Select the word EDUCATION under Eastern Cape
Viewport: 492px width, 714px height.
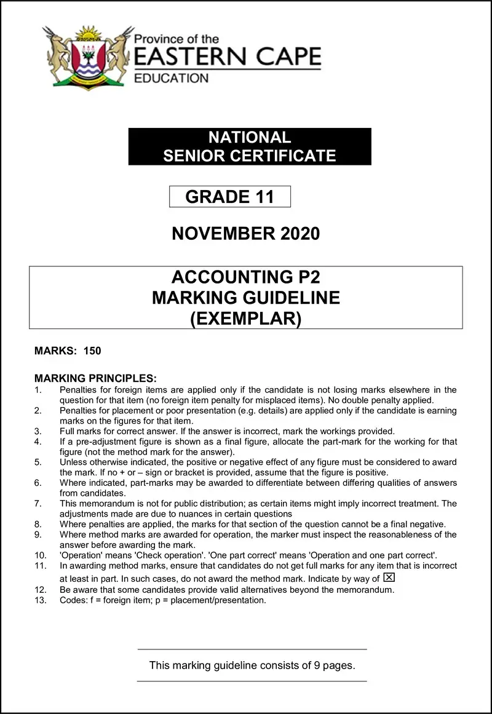click(172, 78)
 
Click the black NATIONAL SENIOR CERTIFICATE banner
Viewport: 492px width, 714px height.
click(249, 146)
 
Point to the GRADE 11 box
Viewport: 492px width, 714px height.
click(229, 197)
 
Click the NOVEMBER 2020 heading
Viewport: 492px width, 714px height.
click(246, 234)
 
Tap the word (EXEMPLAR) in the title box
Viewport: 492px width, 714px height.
click(246, 319)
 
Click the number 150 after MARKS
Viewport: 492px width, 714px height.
click(92, 351)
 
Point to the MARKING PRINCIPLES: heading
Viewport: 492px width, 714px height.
click(96, 378)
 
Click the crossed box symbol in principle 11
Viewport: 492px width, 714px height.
click(389, 577)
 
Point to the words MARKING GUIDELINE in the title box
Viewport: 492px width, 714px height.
click(246, 298)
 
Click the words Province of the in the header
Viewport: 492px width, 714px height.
click(176, 39)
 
